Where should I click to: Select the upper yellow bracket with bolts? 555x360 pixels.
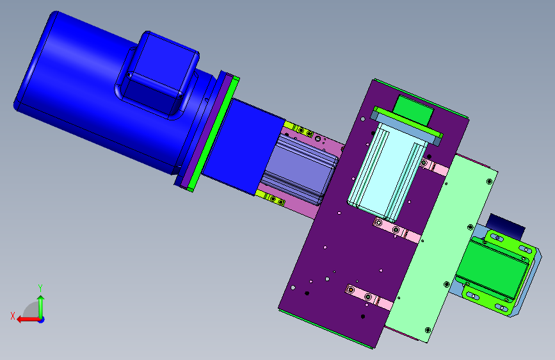[x=299, y=129]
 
